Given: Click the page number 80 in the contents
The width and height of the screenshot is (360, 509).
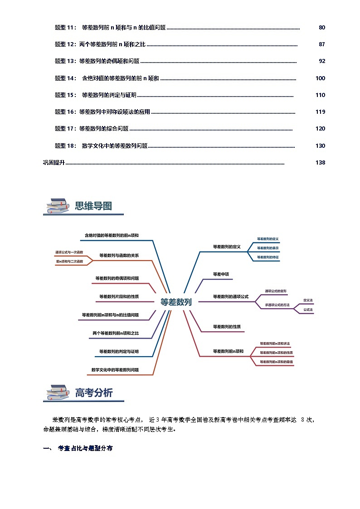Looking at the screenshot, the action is (322, 28).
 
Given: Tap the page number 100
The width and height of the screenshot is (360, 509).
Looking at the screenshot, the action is (320, 78).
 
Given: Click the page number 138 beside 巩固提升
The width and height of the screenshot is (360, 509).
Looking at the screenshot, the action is (320, 163).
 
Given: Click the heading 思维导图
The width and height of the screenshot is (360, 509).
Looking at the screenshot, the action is (93, 206).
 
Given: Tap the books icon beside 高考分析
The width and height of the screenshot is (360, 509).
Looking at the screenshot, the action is (56, 393).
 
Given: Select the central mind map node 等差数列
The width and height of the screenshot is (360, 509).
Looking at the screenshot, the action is (176, 302).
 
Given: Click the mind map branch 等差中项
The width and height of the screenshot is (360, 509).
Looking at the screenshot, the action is (221, 274).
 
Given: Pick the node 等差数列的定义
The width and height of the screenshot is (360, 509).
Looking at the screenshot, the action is (226, 247).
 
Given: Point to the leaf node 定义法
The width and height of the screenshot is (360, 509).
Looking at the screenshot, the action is (308, 301).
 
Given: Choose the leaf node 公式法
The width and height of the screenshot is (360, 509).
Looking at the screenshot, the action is (308, 310).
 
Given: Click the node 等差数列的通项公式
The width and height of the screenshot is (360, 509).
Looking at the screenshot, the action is (231, 296).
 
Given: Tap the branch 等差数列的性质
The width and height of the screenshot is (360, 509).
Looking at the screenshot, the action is (227, 326).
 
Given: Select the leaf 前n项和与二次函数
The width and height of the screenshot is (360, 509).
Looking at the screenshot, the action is (69, 262).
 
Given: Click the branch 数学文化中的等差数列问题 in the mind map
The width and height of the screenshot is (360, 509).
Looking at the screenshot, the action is (115, 370).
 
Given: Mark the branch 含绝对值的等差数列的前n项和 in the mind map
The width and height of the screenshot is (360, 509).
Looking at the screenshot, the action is (112, 236).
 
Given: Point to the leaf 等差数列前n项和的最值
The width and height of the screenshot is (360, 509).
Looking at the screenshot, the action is (276, 362).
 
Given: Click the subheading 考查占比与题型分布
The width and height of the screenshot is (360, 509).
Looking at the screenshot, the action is (85, 448).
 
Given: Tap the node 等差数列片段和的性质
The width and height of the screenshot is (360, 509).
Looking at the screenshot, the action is (119, 297).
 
